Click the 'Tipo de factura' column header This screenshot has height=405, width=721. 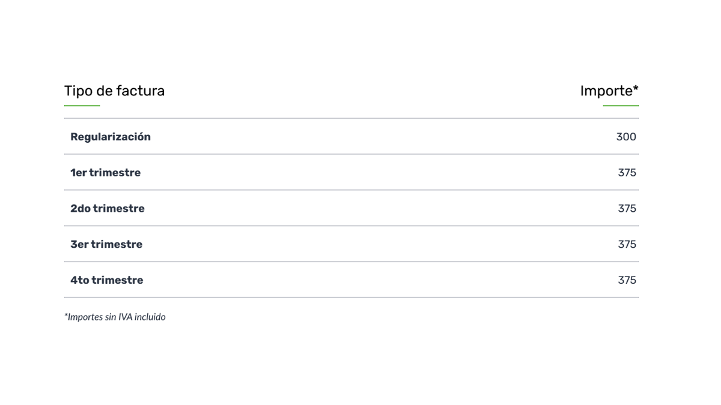[114, 91]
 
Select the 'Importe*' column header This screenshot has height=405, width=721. [609, 91]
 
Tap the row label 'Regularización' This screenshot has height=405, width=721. [111, 137]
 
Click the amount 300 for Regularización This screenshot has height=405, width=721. [626, 137]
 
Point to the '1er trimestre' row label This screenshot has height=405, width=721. [106, 173]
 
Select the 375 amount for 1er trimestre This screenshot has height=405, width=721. [627, 173]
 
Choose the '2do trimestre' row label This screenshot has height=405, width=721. [108, 209]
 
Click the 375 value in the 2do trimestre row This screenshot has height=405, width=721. [627, 209]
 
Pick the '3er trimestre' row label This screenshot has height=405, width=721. [106, 244]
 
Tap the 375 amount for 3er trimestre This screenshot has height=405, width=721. [627, 244]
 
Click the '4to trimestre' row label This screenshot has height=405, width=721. [107, 280]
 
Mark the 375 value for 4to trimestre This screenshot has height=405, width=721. [627, 280]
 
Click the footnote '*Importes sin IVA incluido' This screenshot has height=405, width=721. [115, 317]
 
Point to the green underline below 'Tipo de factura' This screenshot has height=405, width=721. [82, 106]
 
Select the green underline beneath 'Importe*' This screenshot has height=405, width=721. [621, 106]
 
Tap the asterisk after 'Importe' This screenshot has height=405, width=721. [636, 88]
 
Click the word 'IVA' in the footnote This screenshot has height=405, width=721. [126, 317]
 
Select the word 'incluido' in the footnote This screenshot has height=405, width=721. [150, 317]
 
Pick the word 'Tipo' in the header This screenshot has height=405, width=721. [79, 91]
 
